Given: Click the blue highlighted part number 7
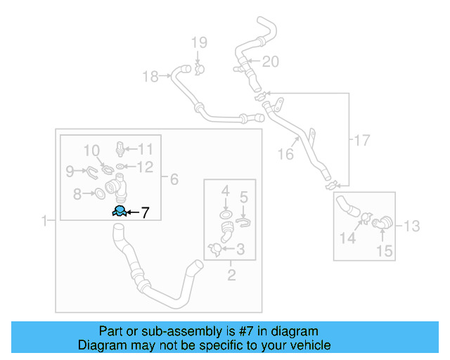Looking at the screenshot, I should [x=120, y=211].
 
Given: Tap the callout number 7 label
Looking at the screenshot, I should [x=145, y=212].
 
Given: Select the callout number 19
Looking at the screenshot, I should [x=198, y=44].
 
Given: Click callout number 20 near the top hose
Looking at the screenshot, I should [x=271, y=62].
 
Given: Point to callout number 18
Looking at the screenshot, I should [x=150, y=77].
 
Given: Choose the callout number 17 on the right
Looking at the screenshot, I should [x=361, y=140].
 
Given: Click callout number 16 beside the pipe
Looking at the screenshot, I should [x=285, y=154].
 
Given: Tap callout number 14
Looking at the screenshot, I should [x=348, y=239].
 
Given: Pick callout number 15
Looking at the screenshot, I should [x=383, y=249].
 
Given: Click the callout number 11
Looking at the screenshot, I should [x=145, y=148].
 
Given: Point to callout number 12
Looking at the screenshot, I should [x=145, y=167].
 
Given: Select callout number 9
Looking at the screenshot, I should [x=70, y=171].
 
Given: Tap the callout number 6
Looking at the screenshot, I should [x=174, y=180].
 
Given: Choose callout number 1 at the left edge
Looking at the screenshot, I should [x=44, y=221].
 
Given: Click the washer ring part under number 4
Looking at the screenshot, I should [x=225, y=213].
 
